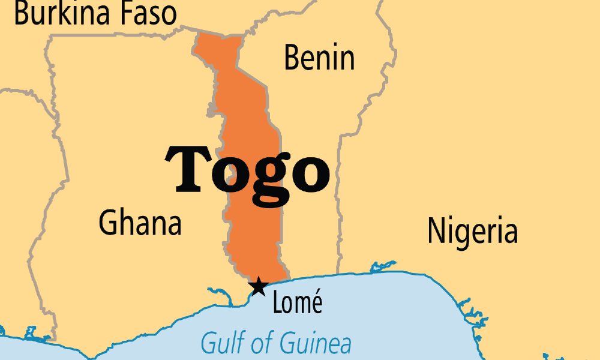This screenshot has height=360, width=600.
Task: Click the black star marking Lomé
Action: coord(258,287)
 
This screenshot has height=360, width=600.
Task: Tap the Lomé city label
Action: coord(297,304)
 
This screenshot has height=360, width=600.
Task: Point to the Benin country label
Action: coord(319,58)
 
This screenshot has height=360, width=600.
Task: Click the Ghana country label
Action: coord(140,223)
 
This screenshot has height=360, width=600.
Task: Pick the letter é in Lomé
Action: coord(316,304)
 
